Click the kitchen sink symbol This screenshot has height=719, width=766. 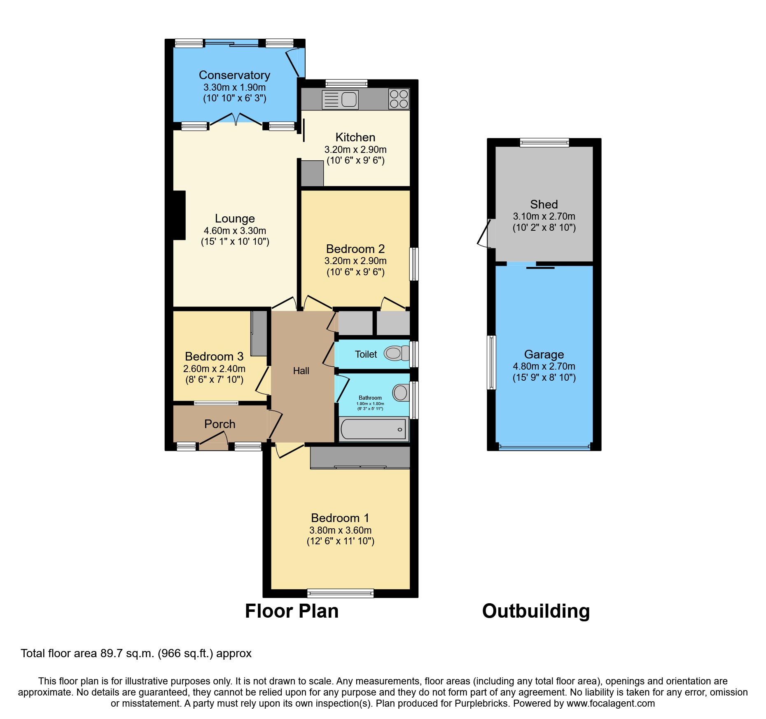click(x=340, y=100)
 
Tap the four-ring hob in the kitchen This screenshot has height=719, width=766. click(x=399, y=99)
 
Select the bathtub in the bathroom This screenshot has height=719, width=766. click(x=373, y=429)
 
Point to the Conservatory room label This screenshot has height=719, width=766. click(x=234, y=75)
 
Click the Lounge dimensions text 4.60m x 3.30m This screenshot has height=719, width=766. click(x=235, y=231)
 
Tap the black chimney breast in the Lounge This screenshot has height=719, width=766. click(x=179, y=215)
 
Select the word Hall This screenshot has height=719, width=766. click(x=301, y=371)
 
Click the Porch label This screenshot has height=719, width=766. click(x=220, y=424)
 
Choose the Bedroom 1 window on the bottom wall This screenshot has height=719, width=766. click(x=340, y=593)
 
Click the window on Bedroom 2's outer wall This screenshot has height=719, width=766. click(x=414, y=264)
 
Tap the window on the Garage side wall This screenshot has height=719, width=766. click(x=491, y=362)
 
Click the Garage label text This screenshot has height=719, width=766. click(x=544, y=354)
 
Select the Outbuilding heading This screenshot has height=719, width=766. click(x=536, y=611)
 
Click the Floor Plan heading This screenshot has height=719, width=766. click(x=292, y=611)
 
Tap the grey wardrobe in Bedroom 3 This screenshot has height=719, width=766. click(x=259, y=333)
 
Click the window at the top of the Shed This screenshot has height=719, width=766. click(x=544, y=143)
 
